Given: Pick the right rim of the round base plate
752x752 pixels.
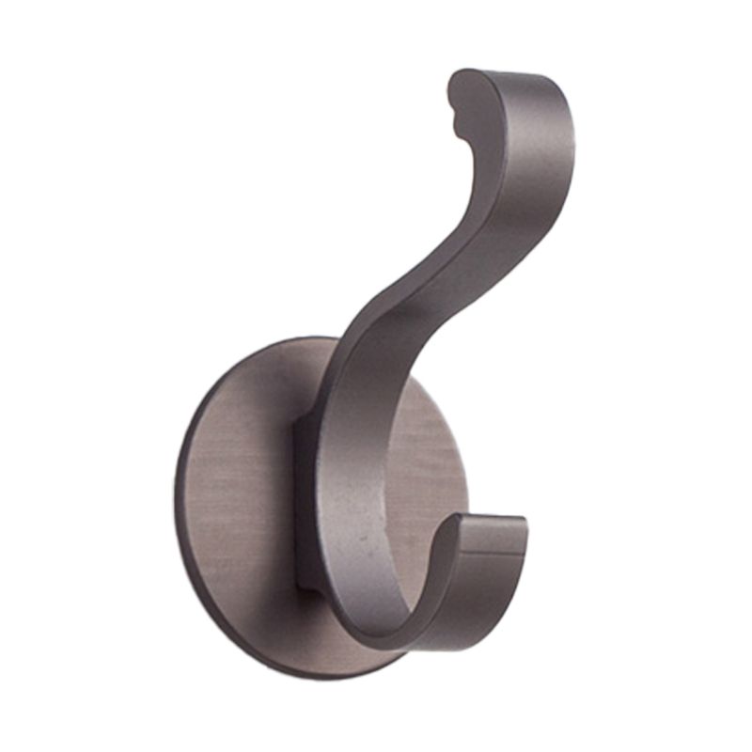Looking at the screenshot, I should click(464, 470).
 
